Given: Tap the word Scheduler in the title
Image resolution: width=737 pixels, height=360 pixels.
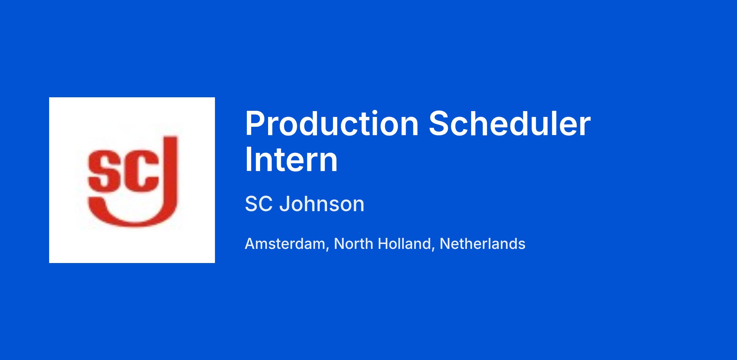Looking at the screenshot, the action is coord(510,124).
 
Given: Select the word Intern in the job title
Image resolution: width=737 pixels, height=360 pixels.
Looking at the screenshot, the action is coord(291,160).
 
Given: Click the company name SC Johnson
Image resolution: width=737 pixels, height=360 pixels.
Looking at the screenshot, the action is coord(305,204).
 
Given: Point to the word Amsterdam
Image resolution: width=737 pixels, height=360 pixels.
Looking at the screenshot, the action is coord(285,244).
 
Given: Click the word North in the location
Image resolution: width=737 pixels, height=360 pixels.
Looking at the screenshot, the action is coord(353,244).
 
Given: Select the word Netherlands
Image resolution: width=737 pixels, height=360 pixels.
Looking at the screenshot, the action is coord(482,244).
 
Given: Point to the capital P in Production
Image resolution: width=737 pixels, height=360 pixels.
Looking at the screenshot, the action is coord(255,124).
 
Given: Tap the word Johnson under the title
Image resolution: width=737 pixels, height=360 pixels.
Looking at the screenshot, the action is coord(322,204).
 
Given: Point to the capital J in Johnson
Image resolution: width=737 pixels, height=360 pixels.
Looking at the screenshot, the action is coord(284,204).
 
